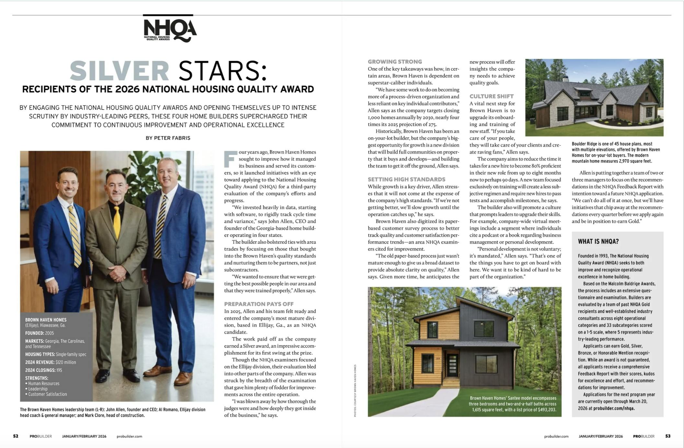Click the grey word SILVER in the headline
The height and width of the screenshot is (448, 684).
click(x=120, y=71)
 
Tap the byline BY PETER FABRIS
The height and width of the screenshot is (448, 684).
click(x=168, y=138)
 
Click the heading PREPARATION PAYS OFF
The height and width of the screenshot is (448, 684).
click(x=259, y=304)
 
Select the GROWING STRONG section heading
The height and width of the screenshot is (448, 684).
click(x=395, y=62)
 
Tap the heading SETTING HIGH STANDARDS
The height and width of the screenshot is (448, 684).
click(x=406, y=179)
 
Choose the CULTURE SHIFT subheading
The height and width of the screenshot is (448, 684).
click(x=491, y=96)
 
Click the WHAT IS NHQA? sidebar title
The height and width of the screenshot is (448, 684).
click(x=598, y=242)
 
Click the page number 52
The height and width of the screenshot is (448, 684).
click(x=16, y=436)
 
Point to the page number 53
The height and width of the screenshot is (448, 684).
click(x=668, y=436)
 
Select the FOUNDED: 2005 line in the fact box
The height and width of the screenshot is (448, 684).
click(x=40, y=333)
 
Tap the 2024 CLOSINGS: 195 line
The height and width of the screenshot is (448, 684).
click(x=43, y=370)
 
